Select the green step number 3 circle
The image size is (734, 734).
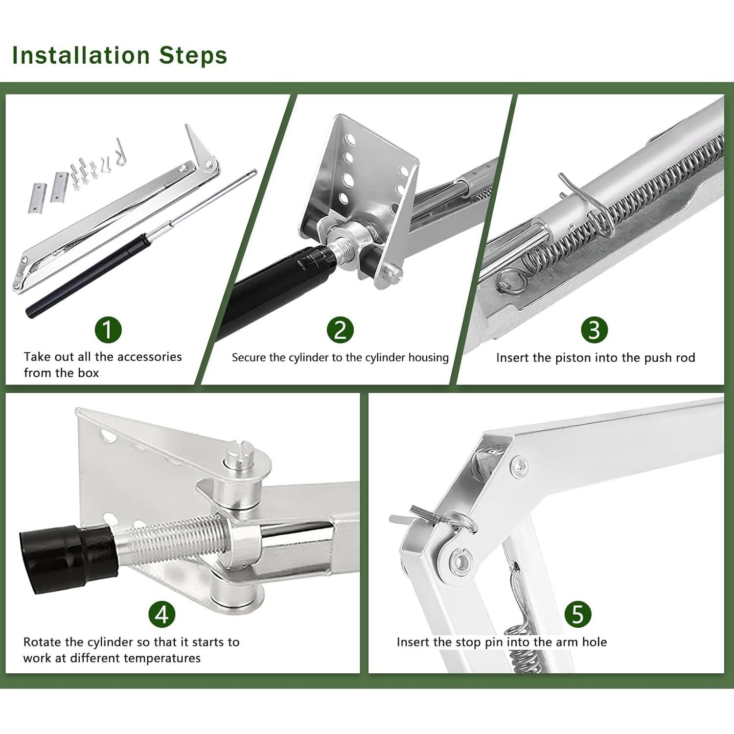pyautogui.click(x=594, y=330)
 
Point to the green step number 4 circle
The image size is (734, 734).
pyautogui.click(x=162, y=614)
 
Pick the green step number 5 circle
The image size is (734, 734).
pyautogui.click(x=578, y=614)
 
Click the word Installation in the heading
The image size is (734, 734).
pyautogui.click(x=81, y=55)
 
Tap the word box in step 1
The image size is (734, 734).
pyautogui.click(x=88, y=372)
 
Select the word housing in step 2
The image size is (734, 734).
pyautogui.click(x=429, y=358)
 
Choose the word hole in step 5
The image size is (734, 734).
pyautogui.click(x=594, y=642)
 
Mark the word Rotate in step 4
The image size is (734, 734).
pyautogui.click(x=42, y=642)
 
